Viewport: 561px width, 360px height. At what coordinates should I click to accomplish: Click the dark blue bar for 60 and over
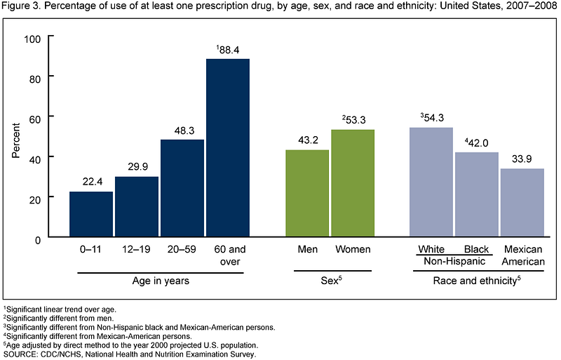(x=228, y=147)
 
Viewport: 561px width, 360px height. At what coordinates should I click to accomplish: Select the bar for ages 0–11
(x=91, y=214)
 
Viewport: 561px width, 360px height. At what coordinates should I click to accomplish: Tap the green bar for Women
(x=353, y=183)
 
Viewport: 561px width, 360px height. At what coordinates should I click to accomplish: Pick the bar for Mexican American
(x=522, y=203)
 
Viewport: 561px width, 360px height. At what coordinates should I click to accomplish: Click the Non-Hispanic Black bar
(x=477, y=194)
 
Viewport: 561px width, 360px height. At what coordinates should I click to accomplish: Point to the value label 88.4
(x=227, y=50)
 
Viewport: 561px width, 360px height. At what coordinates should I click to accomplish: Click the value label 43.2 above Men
(x=308, y=140)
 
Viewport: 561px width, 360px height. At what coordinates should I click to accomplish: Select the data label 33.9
(x=522, y=159)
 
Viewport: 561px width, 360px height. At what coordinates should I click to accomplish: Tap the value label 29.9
(x=137, y=166)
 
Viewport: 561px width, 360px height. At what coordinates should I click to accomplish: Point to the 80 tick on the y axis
(x=35, y=79)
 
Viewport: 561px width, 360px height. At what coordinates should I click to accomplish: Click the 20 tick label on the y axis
(x=35, y=199)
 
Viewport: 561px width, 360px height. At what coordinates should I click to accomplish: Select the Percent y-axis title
(x=15, y=140)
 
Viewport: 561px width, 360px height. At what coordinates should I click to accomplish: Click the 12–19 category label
(x=136, y=249)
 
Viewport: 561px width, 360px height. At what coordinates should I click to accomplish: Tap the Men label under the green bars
(x=308, y=249)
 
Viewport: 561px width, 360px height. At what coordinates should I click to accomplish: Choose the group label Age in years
(x=161, y=281)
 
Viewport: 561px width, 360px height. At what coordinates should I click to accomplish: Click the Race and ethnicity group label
(x=477, y=280)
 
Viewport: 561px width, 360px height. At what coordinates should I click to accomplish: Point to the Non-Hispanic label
(x=454, y=261)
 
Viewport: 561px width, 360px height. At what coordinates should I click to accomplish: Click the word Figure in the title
(x=14, y=6)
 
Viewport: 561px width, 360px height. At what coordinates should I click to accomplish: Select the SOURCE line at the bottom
(x=130, y=354)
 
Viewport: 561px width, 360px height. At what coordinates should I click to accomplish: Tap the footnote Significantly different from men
(x=59, y=318)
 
